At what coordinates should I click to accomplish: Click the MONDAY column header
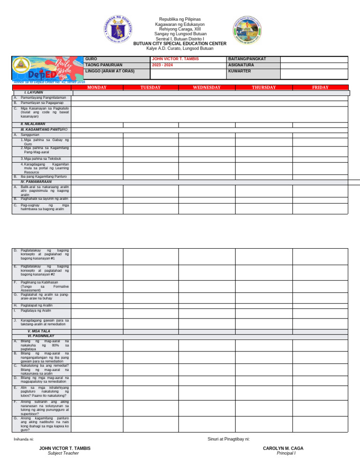[x=97, y=87]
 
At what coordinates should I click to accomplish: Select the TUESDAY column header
[x=150, y=87]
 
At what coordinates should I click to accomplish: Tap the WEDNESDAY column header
[x=206, y=87]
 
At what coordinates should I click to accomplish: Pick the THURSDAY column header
[x=264, y=87]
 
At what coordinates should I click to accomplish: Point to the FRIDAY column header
[x=321, y=87]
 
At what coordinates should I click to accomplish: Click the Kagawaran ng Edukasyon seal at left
[x=118, y=30]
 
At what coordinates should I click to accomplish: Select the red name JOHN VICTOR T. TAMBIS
[x=172, y=59]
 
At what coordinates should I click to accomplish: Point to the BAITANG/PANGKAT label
[x=247, y=59]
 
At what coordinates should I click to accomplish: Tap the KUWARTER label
[x=239, y=71]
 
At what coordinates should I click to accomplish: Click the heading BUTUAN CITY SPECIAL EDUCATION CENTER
[x=180, y=44]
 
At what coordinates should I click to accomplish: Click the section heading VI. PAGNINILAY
[x=41, y=336]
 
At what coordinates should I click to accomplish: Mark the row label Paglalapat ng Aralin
[x=37, y=305]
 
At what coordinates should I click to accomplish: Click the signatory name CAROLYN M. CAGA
[x=283, y=449]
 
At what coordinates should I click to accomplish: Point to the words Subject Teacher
[x=65, y=453]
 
